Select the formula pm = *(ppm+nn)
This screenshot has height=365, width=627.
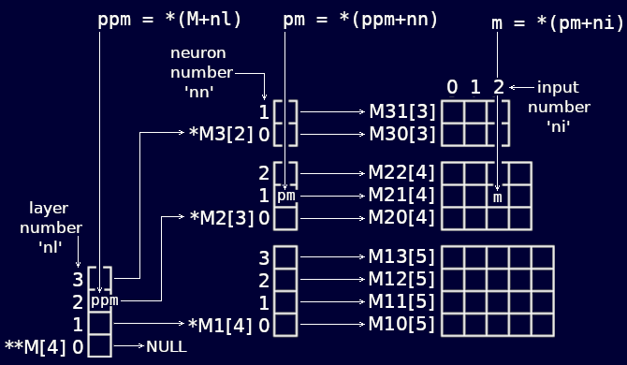tap(360, 19)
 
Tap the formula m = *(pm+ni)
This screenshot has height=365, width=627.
tap(557, 23)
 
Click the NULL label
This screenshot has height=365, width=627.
tap(166, 346)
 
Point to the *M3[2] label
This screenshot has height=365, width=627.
tap(221, 134)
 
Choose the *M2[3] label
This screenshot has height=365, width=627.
tap(221, 218)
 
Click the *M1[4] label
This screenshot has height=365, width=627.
tap(221, 325)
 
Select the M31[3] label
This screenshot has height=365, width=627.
tap(402, 112)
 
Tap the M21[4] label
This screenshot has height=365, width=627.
tap(402, 197)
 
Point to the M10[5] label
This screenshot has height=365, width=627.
tap(402, 325)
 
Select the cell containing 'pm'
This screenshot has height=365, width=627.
tap(286, 197)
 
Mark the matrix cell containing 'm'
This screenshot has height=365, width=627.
tap(499, 197)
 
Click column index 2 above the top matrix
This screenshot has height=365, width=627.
tap(499, 87)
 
